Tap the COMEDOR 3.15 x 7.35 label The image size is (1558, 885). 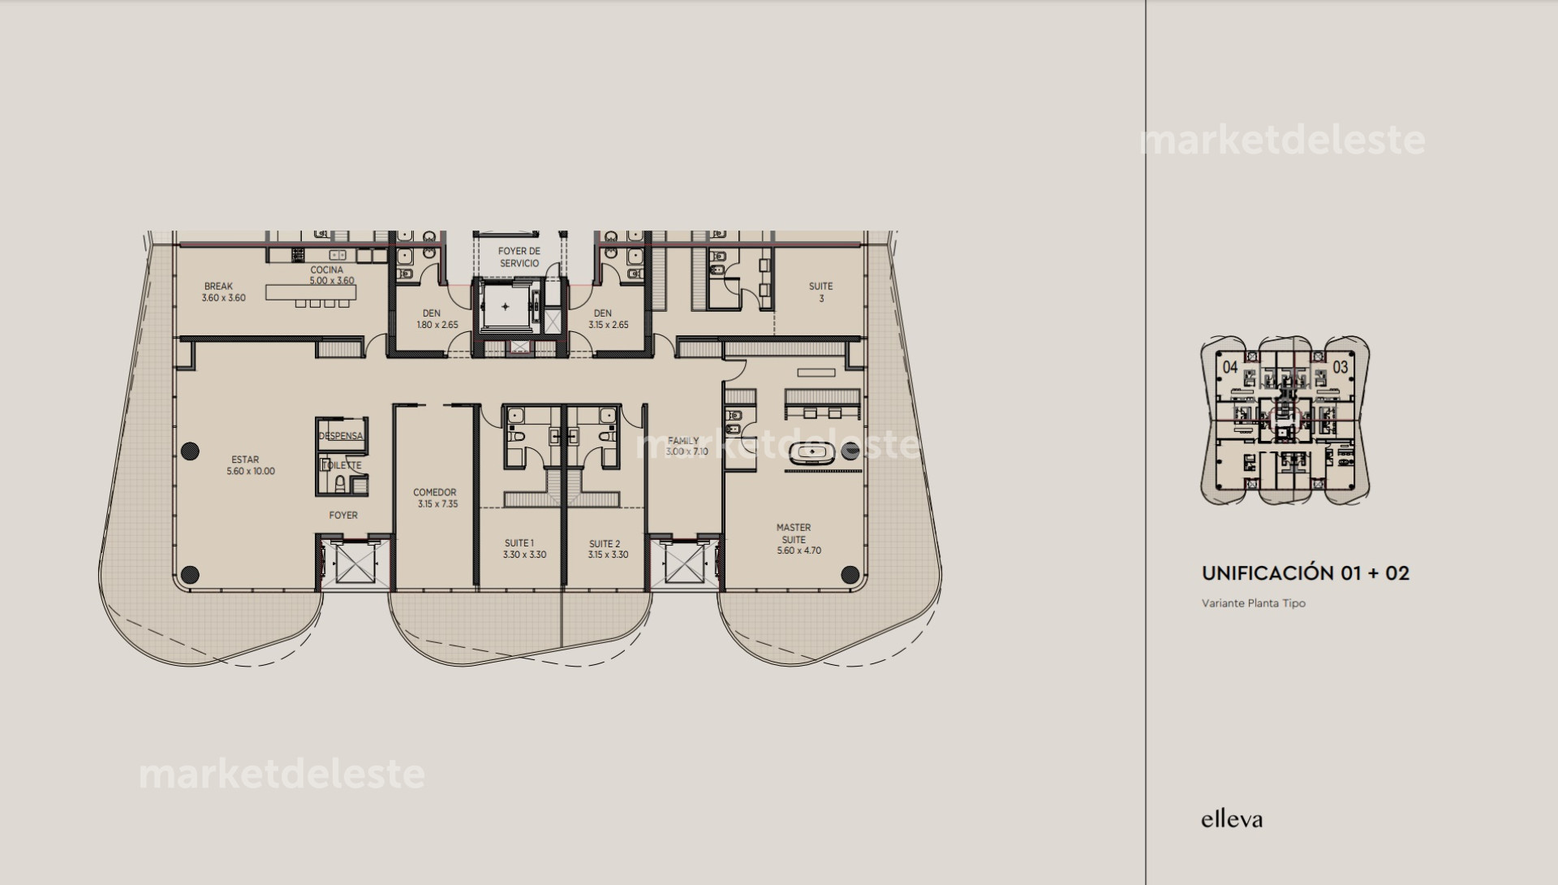(x=435, y=498)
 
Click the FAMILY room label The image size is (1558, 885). (x=685, y=446)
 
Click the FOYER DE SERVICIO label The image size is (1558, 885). (x=519, y=257)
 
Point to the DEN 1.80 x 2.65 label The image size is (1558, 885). (x=432, y=318)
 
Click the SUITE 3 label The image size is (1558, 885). (x=820, y=292)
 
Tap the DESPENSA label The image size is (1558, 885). (x=340, y=437)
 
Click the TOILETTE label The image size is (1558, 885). (x=341, y=465)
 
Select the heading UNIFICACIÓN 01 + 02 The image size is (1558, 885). (x=1305, y=573)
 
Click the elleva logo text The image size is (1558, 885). (x=1231, y=819)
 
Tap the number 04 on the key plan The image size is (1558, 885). (x=1230, y=367)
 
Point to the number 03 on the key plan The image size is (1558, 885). (x=1340, y=367)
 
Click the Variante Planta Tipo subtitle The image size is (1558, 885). (x=1253, y=603)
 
